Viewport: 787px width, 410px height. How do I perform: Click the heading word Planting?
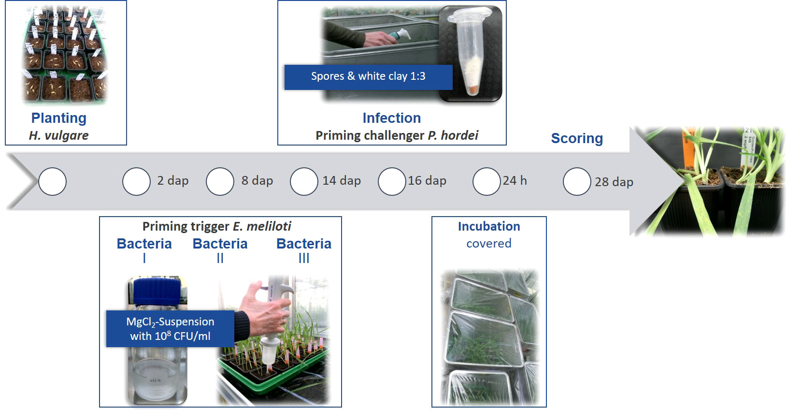point(58,118)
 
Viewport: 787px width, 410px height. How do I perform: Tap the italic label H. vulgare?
point(58,135)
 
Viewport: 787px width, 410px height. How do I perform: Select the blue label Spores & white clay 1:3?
point(368,77)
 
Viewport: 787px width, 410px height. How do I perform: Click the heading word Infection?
point(392,118)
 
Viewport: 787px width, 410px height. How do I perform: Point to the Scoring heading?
point(577,139)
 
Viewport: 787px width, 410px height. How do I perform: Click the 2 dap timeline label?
point(173,181)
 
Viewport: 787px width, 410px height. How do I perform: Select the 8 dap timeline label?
point(257,181)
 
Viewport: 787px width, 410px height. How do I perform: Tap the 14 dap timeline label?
point(342,181)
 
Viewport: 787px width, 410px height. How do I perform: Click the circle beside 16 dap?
point(392,181)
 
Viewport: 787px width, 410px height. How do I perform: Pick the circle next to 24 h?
point(486,181)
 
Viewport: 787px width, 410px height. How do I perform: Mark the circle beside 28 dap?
point(576,181)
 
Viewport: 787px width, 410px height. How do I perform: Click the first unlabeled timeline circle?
point(52,181)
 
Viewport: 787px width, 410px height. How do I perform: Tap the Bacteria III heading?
point(304,250)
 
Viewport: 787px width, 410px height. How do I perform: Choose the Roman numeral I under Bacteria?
point(144,259)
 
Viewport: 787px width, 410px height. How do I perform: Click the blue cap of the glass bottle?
point(157,291)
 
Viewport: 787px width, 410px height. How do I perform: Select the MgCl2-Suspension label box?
point(170,329)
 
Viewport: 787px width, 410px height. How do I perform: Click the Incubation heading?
point(489,226)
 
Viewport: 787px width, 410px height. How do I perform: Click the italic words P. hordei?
point(453,135)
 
